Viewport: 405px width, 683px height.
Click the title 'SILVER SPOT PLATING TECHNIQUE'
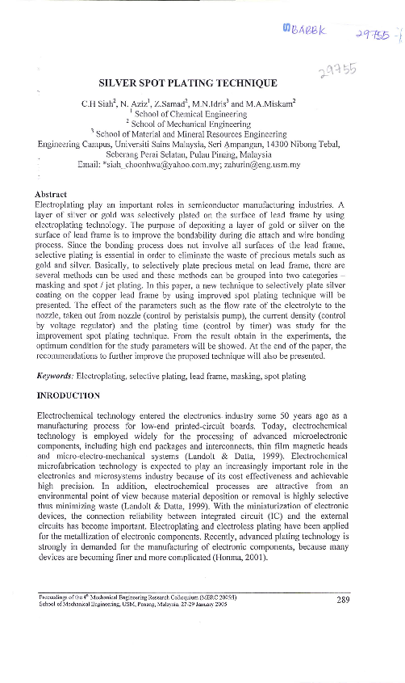(187, 82)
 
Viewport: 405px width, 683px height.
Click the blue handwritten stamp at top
(305, 30)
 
